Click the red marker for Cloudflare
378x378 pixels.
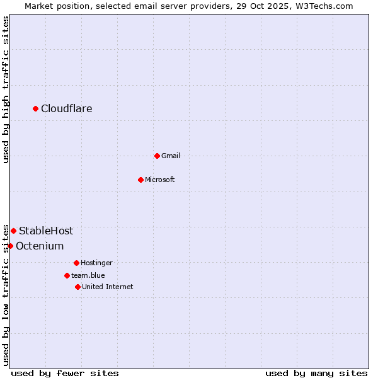point(35,109)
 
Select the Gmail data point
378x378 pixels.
point(157,156)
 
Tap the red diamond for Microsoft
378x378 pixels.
point(140,180)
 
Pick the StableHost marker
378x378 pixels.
point(13,231)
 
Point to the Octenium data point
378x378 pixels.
point(10,246)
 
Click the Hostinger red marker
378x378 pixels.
point(76,263)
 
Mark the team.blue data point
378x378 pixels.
point(67,275)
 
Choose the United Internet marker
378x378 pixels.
point(77,287)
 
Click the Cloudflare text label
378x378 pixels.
point(67,109)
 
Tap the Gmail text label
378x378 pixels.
point(171,156)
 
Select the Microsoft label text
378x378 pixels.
point(160,180)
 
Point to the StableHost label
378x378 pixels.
point(46,231)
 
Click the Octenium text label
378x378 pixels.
point(40,246)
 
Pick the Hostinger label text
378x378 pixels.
point(96,263)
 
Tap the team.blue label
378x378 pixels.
point(88,275)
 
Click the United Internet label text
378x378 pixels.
point(108,287)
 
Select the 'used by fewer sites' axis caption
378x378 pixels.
point(65,373)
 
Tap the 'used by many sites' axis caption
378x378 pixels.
point(316,373)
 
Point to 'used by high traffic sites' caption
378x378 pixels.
point(6,90)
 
